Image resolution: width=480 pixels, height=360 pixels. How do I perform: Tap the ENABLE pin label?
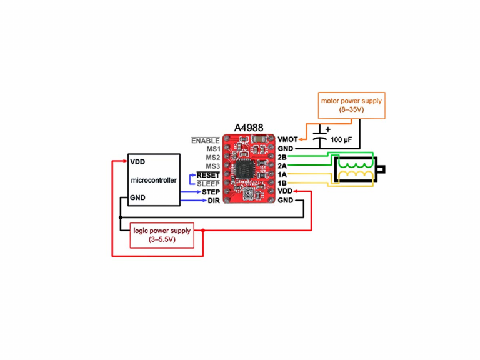(x=206, y=141)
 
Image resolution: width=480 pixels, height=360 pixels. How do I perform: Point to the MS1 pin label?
(x=212, y=149)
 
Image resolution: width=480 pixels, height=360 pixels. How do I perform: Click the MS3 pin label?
(x=212, y=166)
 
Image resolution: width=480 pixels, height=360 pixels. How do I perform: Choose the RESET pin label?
(x=208, y=175)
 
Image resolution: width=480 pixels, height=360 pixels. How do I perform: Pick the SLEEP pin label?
(x=208, y=184)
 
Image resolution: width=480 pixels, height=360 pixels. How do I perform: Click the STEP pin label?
(x=210, y=192)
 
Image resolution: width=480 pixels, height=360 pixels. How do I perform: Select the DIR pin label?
(x=213, y=201)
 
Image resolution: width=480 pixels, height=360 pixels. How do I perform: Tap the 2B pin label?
(x=282, y=157)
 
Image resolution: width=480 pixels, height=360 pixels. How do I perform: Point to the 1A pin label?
(x=282, y=174)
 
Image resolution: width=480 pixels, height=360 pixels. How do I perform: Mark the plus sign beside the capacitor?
(x=327, y=129)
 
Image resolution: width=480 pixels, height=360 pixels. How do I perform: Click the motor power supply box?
(x=351, y=105)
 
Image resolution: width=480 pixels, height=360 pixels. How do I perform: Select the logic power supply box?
(x=162, y=235)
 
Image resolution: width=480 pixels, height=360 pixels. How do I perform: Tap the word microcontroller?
(x=154, y=180)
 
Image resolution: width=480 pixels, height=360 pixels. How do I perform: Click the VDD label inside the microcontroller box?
(x=137, y=161)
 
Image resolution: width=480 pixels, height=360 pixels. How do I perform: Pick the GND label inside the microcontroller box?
(x=137, y=198)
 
